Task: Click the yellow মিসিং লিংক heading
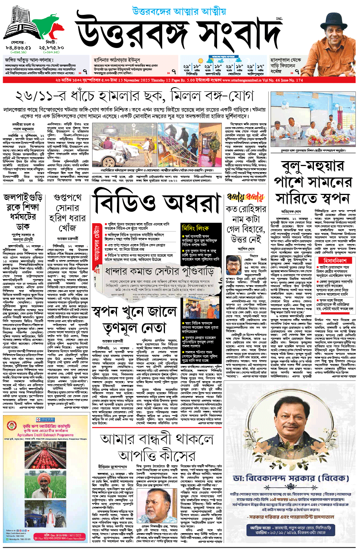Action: (195, 228)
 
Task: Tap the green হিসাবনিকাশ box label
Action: (335, 261)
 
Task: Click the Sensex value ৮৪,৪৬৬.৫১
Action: (18, 48)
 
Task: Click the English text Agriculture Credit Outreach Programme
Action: (45, 435)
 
